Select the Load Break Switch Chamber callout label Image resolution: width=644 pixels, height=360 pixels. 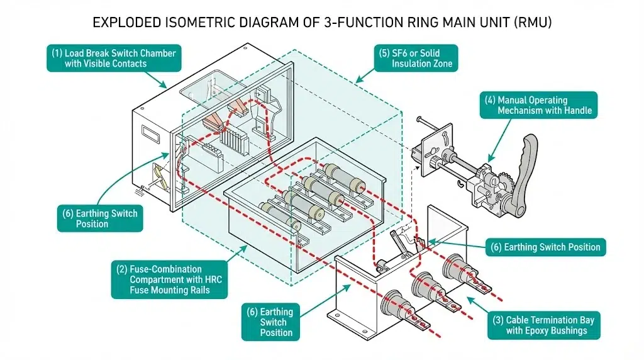click(x=114, y=58)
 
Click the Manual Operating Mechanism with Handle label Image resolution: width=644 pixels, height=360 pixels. click(x=538, y=105)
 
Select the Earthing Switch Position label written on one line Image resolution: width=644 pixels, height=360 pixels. click(x=546, y=247)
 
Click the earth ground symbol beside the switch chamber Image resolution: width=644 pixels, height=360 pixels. click(x=139, y=188)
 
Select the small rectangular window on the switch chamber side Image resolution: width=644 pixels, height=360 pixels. click(x=152, y=133)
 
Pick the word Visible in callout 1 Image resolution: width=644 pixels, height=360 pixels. click(x=101, y=64)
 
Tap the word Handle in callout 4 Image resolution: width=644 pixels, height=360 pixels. click(x=575, y=110)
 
